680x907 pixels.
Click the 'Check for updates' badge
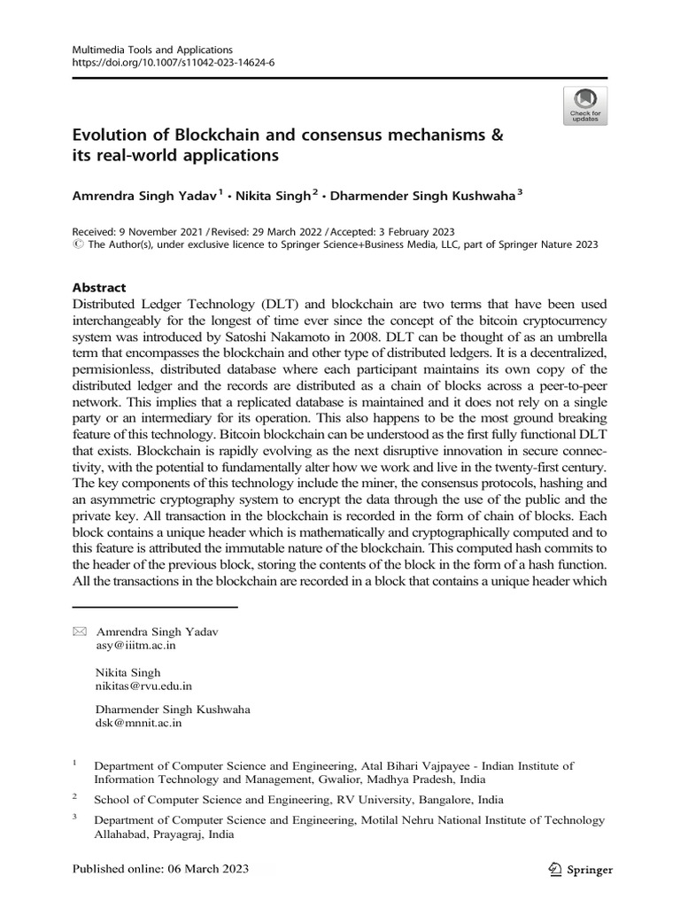point(584,105)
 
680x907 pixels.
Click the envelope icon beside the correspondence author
point(79,632)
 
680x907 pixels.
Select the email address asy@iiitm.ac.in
point(135,646)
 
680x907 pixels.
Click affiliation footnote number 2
point(75,796)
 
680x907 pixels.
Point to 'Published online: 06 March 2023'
point(159,868)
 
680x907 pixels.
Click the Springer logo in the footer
point(580,869)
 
